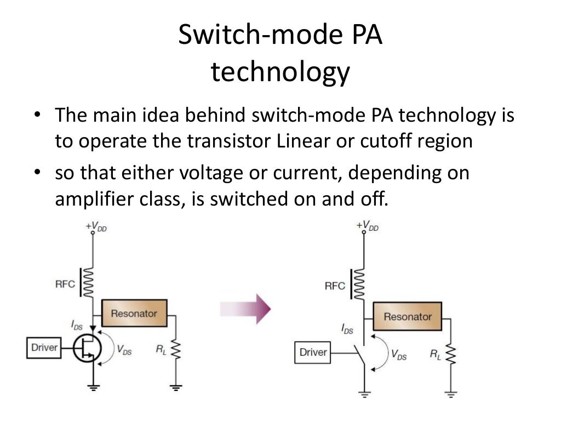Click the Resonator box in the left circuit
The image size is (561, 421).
point(134,314)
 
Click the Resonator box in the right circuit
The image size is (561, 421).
point(408,316)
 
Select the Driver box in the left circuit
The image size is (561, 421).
point(44,348)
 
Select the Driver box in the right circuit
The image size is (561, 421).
point(313,352)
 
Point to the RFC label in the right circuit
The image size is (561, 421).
point(335,286)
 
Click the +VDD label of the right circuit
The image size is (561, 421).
point(367,225)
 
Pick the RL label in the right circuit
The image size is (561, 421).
point(435,355)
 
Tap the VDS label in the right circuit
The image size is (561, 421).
point(398,355)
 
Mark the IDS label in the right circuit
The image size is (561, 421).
point(347,329)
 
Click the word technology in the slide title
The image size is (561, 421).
point(280,72)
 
